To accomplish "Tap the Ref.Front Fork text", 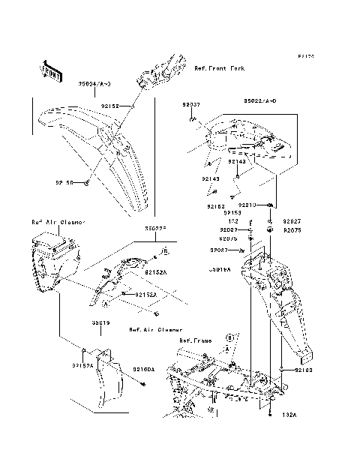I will (219, 68).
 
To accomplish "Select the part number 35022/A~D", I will (259, 100).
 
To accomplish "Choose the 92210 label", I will (248, 205).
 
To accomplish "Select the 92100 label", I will (303, 370).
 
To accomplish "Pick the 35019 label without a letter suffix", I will (101, 322).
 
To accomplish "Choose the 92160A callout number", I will (143, 369).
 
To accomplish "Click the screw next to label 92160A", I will (142, 385).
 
